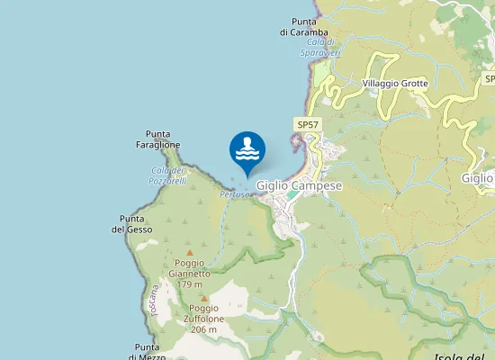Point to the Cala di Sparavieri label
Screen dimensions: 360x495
click(x=320, y=48)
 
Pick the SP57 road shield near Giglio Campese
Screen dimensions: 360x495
click(x=308, y=124)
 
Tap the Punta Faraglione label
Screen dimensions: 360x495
click(x=158, y=139)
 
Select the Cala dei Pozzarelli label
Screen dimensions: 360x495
click(x=168, y=175)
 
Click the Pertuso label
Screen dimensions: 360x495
click(x=234, y=193)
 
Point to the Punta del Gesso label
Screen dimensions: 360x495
click(x=132, y=224)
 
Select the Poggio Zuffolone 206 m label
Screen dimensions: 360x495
click(x=204, y=319)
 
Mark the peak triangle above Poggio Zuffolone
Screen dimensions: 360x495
click(x=204, y=298)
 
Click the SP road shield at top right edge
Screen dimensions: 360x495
click(x=490, y=79)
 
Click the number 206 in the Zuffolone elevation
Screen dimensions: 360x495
click(x=199, y=329)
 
